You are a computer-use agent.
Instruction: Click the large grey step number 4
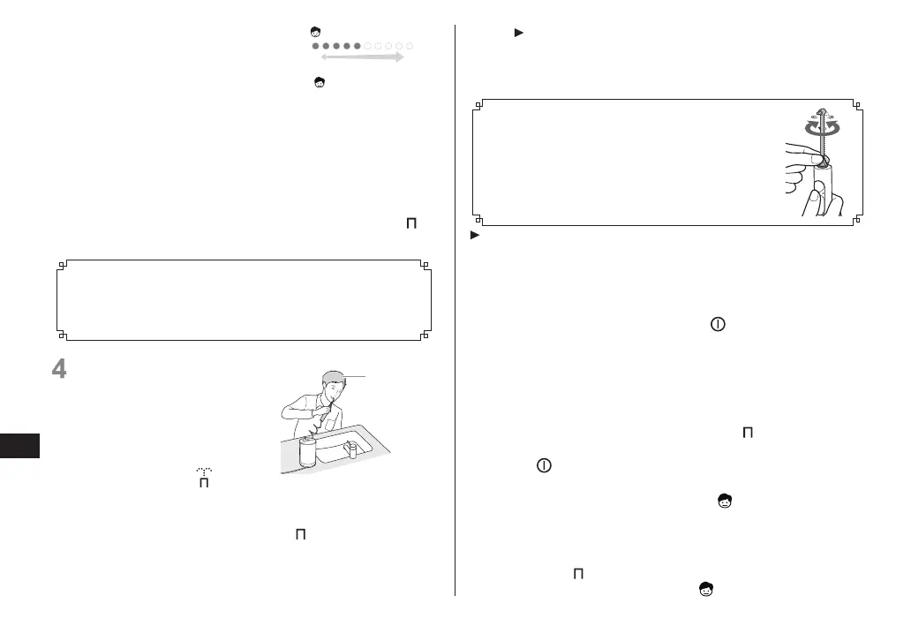tap(60, 369)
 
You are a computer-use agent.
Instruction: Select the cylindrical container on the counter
tap(308, 452)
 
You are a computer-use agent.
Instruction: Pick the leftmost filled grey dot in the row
tap(316, 45)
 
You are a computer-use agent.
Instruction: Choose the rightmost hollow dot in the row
tap(410, 45)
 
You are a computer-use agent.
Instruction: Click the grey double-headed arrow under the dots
tap(362, 57)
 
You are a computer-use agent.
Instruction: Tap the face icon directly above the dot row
tap(316, 32)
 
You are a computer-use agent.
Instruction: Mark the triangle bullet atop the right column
tap(518, 33)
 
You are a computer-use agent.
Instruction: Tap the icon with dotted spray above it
tap(201, 481)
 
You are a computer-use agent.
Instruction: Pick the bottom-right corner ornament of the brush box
tap(855, 222)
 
